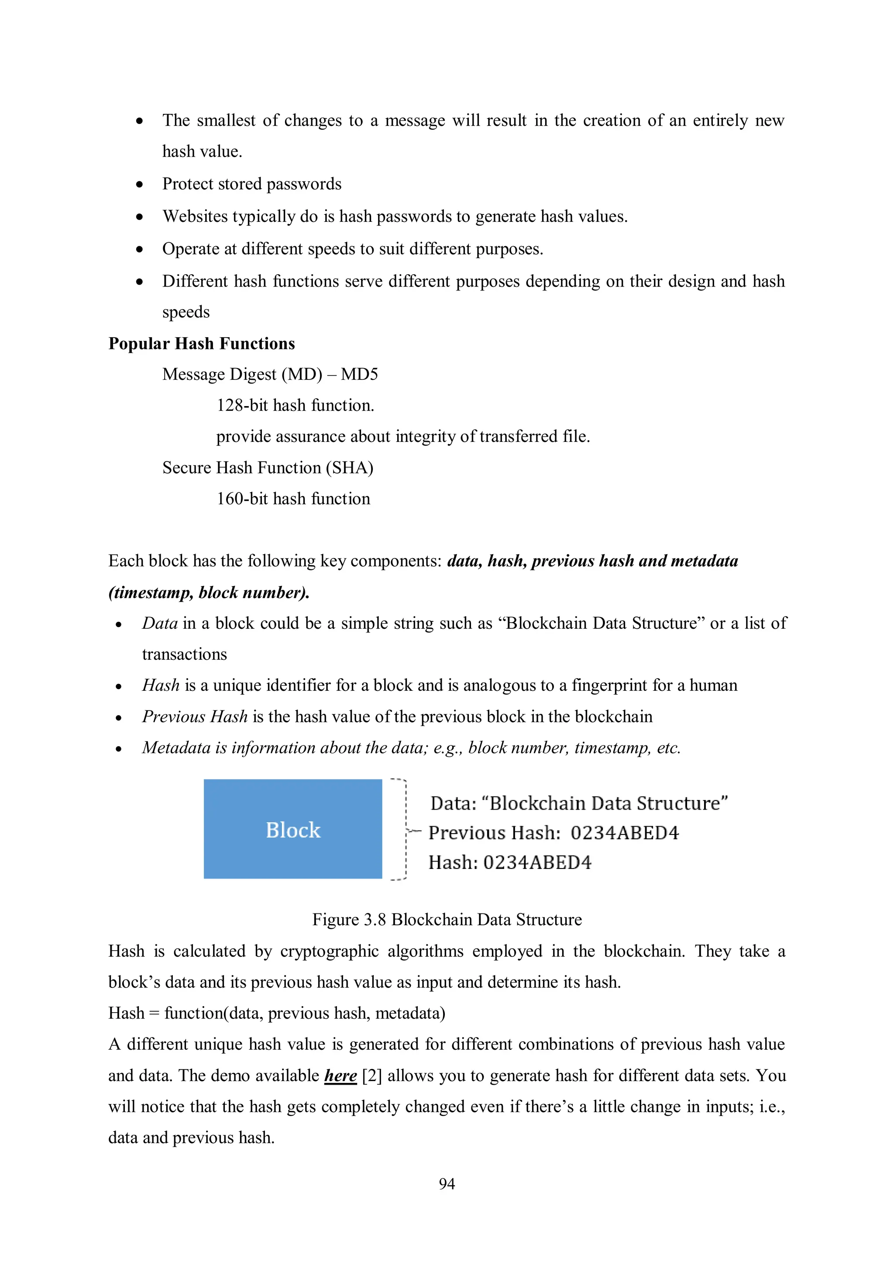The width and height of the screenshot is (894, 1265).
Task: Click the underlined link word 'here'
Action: click(340, 1075)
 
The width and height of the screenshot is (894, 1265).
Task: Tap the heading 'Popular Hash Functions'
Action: click(202, 344)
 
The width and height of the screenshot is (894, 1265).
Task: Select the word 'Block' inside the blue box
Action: click(293, 830)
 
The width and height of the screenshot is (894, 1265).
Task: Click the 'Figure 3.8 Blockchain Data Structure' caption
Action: click(447, 920)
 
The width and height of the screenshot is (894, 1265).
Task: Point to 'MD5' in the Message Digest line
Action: click(359, 375)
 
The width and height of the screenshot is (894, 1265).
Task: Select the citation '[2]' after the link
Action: click(372, 1075)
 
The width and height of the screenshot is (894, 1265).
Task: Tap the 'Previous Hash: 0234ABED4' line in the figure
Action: click(554, 833)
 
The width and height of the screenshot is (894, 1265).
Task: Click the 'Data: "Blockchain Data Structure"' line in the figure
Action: click(578, 803)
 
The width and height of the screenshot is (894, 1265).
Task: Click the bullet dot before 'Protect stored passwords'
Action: click(140, 185)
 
